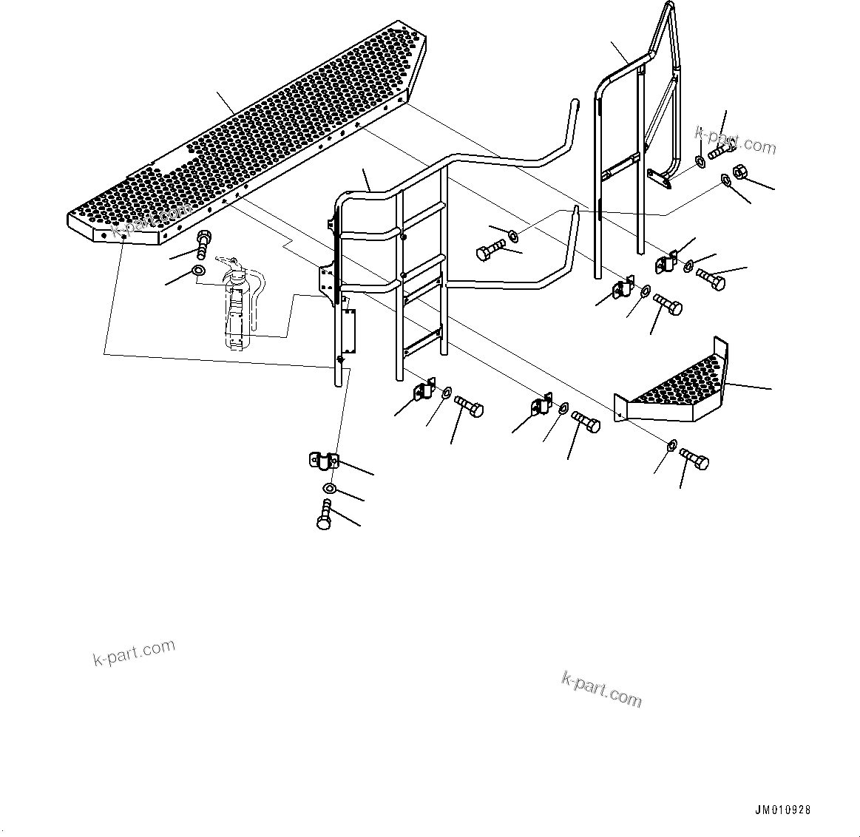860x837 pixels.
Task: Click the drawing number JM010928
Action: tap(782, 810)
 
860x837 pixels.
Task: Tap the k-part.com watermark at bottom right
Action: tap(602, 688)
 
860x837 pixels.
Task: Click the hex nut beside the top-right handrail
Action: tap(743, 172)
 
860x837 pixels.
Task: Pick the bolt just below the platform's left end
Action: tap(203, 242)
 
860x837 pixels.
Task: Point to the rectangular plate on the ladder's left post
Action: tap(348, 331)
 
